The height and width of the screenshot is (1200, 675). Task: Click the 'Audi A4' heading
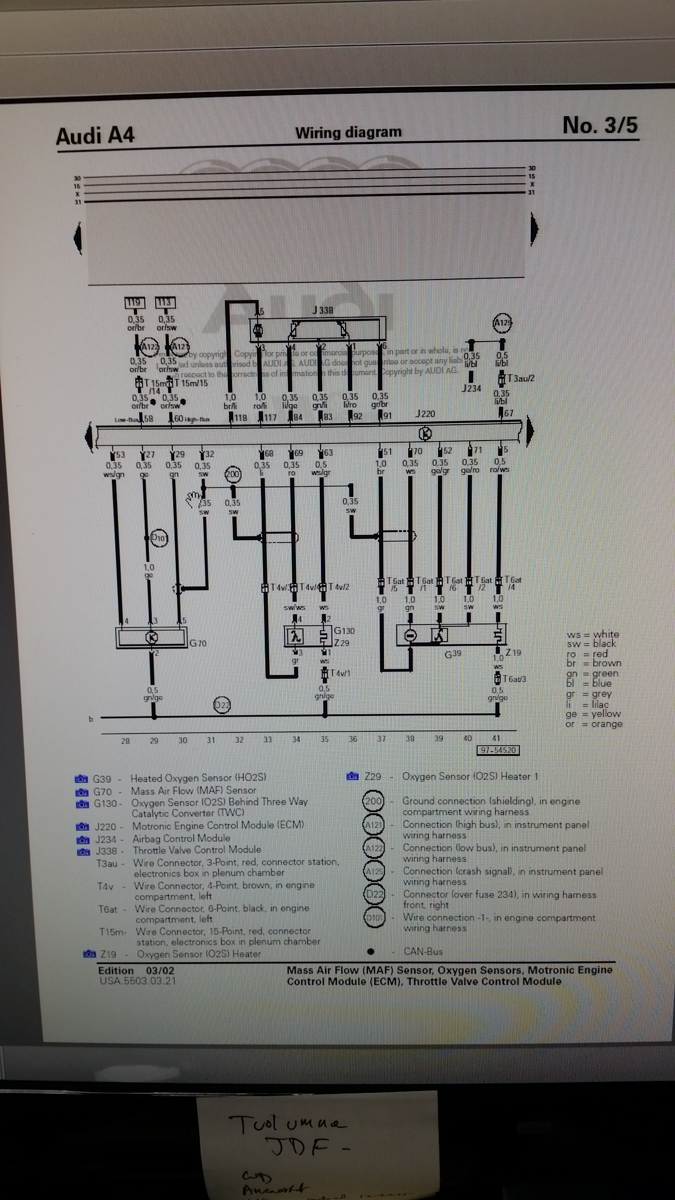tap(96, 135)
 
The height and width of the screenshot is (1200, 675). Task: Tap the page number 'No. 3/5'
tap(599, 125)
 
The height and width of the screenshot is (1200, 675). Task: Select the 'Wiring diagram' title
tap(348, 132)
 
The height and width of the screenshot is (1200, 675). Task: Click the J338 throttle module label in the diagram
tap(322, 310)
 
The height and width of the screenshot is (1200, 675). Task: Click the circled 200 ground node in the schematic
tap(233, 474)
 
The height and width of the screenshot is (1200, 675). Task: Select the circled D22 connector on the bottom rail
tap(221, 705)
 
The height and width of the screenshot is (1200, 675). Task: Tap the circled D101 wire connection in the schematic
tap(159, 537)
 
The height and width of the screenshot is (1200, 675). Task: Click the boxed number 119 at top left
tap(135, 303)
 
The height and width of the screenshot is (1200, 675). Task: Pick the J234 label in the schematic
tap(471, 388)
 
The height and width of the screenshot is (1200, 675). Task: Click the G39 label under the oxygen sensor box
tap(452, 654)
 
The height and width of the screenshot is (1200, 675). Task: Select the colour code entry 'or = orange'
tap(594, 724)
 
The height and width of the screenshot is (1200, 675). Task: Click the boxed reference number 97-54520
tap(499, 751)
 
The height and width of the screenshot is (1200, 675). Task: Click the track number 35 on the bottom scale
tap(325, 740)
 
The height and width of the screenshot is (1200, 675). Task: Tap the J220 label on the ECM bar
tap(425, 414)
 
